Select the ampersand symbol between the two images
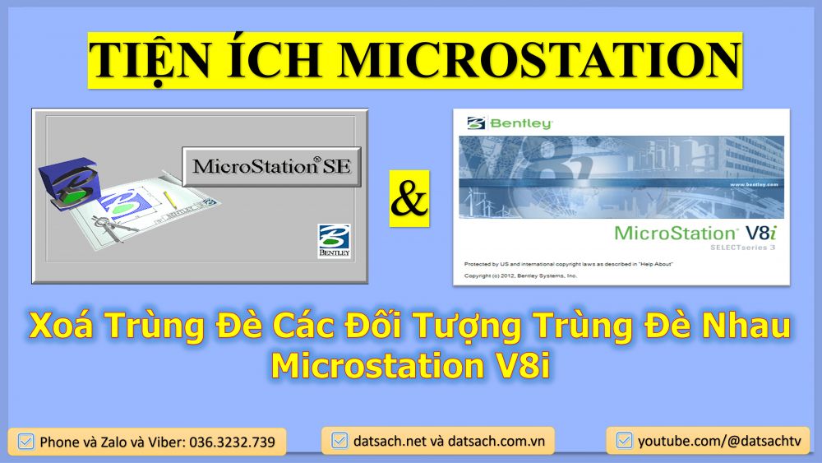(409, 201)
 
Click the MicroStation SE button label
(271, 166)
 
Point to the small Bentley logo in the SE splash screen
(333, 241)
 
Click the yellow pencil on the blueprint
(172, 199)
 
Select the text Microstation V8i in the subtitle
(410, 366)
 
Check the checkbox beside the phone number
(25, 441)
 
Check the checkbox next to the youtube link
(624, 441)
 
